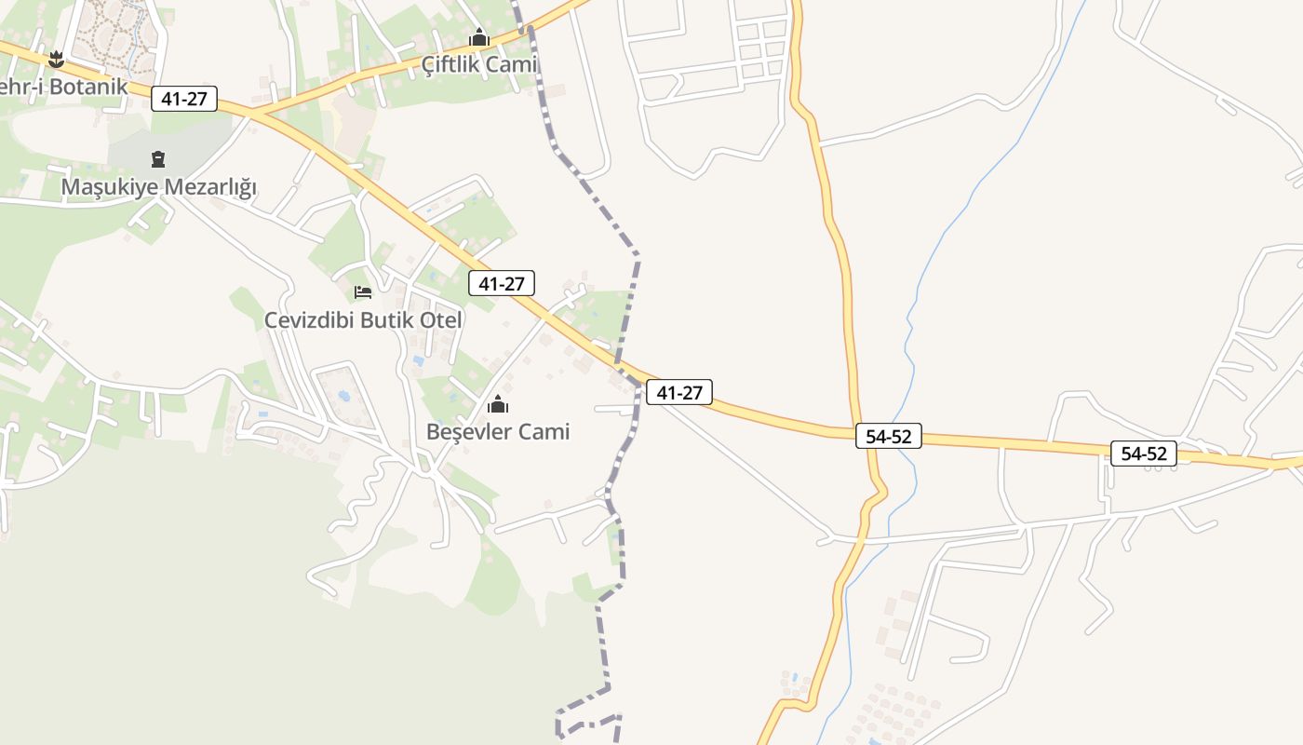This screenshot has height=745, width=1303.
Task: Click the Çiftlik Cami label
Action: [479, 64]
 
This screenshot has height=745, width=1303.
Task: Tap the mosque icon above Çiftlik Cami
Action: [479, 38]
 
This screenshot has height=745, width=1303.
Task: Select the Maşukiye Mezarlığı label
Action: [158, 187]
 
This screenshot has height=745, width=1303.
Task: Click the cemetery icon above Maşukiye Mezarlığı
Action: [158, 159]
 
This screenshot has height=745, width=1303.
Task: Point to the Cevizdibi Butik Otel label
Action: [363, 319]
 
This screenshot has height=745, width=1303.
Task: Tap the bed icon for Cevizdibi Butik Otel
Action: [363, 292]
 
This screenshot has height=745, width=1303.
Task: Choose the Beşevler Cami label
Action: [498, 431]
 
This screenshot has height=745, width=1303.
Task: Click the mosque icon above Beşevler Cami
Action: [498, 404]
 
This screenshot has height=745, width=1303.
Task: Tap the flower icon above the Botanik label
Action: [56, 60]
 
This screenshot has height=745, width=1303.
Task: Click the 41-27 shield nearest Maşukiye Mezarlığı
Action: [184, 99]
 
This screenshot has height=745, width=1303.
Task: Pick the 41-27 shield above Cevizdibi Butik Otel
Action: [502, 284]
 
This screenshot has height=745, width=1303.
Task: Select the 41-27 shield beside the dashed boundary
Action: [679, 393]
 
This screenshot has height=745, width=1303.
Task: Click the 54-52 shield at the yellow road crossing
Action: [889, 435]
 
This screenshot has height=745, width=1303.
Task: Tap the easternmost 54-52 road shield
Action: [1144, 454]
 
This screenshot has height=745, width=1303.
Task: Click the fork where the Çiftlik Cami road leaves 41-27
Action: [251, 115]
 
